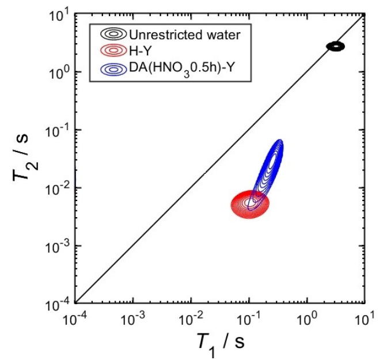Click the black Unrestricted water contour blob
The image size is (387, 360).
coord(335,46)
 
